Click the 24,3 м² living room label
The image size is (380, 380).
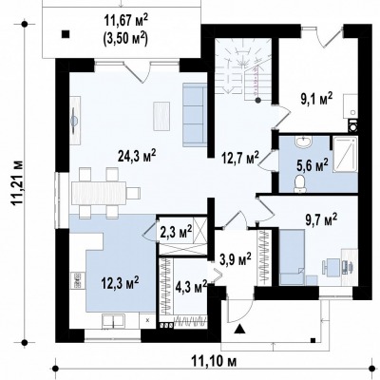point(137,155)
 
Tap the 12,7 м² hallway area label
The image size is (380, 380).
point(240,158)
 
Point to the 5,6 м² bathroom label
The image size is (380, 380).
point(313,164)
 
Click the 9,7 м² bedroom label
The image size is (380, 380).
point(321,219)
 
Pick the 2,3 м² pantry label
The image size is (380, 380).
point(177,232)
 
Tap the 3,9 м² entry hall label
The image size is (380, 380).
point(236,259)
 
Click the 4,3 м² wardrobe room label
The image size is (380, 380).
point(191,287)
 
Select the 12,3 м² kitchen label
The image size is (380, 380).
point(120,281)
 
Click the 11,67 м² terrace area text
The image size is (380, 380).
point(125,22)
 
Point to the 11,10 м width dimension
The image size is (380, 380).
point(214,361)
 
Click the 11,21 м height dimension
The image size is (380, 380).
point(18,183)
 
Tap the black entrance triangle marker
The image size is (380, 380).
point(239,330)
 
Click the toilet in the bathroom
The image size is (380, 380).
point(299,184)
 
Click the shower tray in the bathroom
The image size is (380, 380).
point(345,155)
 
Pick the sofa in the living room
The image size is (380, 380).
point(194,115)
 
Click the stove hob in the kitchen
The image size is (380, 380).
point(77,280)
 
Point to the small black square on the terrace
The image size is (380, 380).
point(66,34)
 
